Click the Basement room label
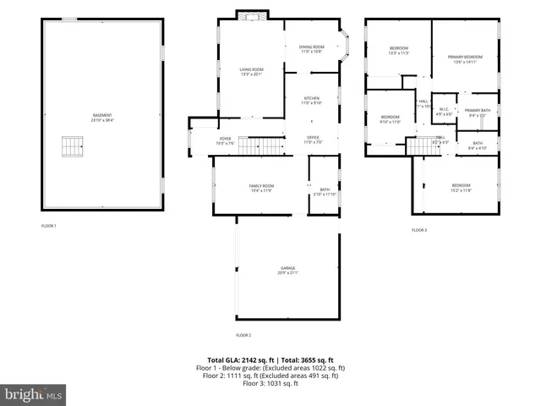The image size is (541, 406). [102, 118]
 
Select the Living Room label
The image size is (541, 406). [251, 72]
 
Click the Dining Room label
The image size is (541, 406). [312, 49]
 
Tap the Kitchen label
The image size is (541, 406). [312, 101]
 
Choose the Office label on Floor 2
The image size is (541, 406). [313, 140]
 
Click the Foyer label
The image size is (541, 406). [225, 140]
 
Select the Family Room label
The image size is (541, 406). [260, 188]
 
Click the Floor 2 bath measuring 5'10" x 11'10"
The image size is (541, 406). [325, 192]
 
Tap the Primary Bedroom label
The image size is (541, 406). [464, 58]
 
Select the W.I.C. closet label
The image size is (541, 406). [444, 111]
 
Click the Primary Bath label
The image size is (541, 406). [478, 112]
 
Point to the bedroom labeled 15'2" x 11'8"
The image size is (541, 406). [461, 188]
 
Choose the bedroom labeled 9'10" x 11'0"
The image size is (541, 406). [390, 119]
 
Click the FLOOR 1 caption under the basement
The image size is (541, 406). [49, 226]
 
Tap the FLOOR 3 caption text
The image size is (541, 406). [419, 230]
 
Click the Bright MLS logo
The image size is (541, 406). [34, 394]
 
